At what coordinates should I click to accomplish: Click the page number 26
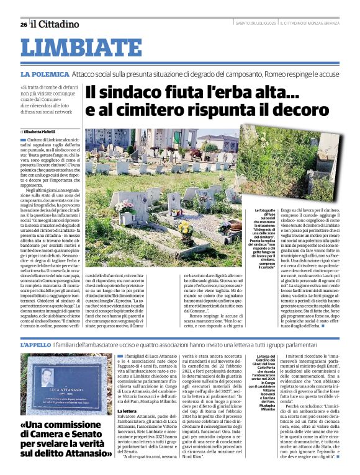(x=23, y=24)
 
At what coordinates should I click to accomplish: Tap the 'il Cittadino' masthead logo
(x=55, y=24)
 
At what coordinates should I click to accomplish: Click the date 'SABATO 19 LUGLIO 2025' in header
(x=253, y=24)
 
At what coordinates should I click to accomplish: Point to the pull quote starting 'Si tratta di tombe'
(x=50, y=101)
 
